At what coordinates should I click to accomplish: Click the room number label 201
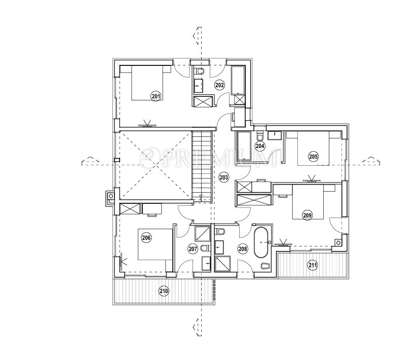click(156, 96)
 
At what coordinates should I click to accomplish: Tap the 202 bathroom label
click(219, 85)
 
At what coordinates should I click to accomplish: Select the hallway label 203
click(223, 177)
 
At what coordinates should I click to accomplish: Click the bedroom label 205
click(314, 157)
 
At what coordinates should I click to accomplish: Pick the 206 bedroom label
click(146, 238)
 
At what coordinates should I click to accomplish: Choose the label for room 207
click(192, 249)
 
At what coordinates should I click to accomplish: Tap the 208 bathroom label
click(243, 249)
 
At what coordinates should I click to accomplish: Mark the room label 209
click(307, 215)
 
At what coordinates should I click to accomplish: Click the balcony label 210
click(163, 291)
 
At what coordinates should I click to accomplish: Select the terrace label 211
click(313, 264)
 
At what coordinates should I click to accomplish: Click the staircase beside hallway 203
click(202, 165)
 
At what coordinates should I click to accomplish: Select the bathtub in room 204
click(244, 146)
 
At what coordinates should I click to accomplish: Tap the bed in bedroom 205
click(312, 148)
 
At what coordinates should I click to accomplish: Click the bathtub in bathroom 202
click(238, 80)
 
